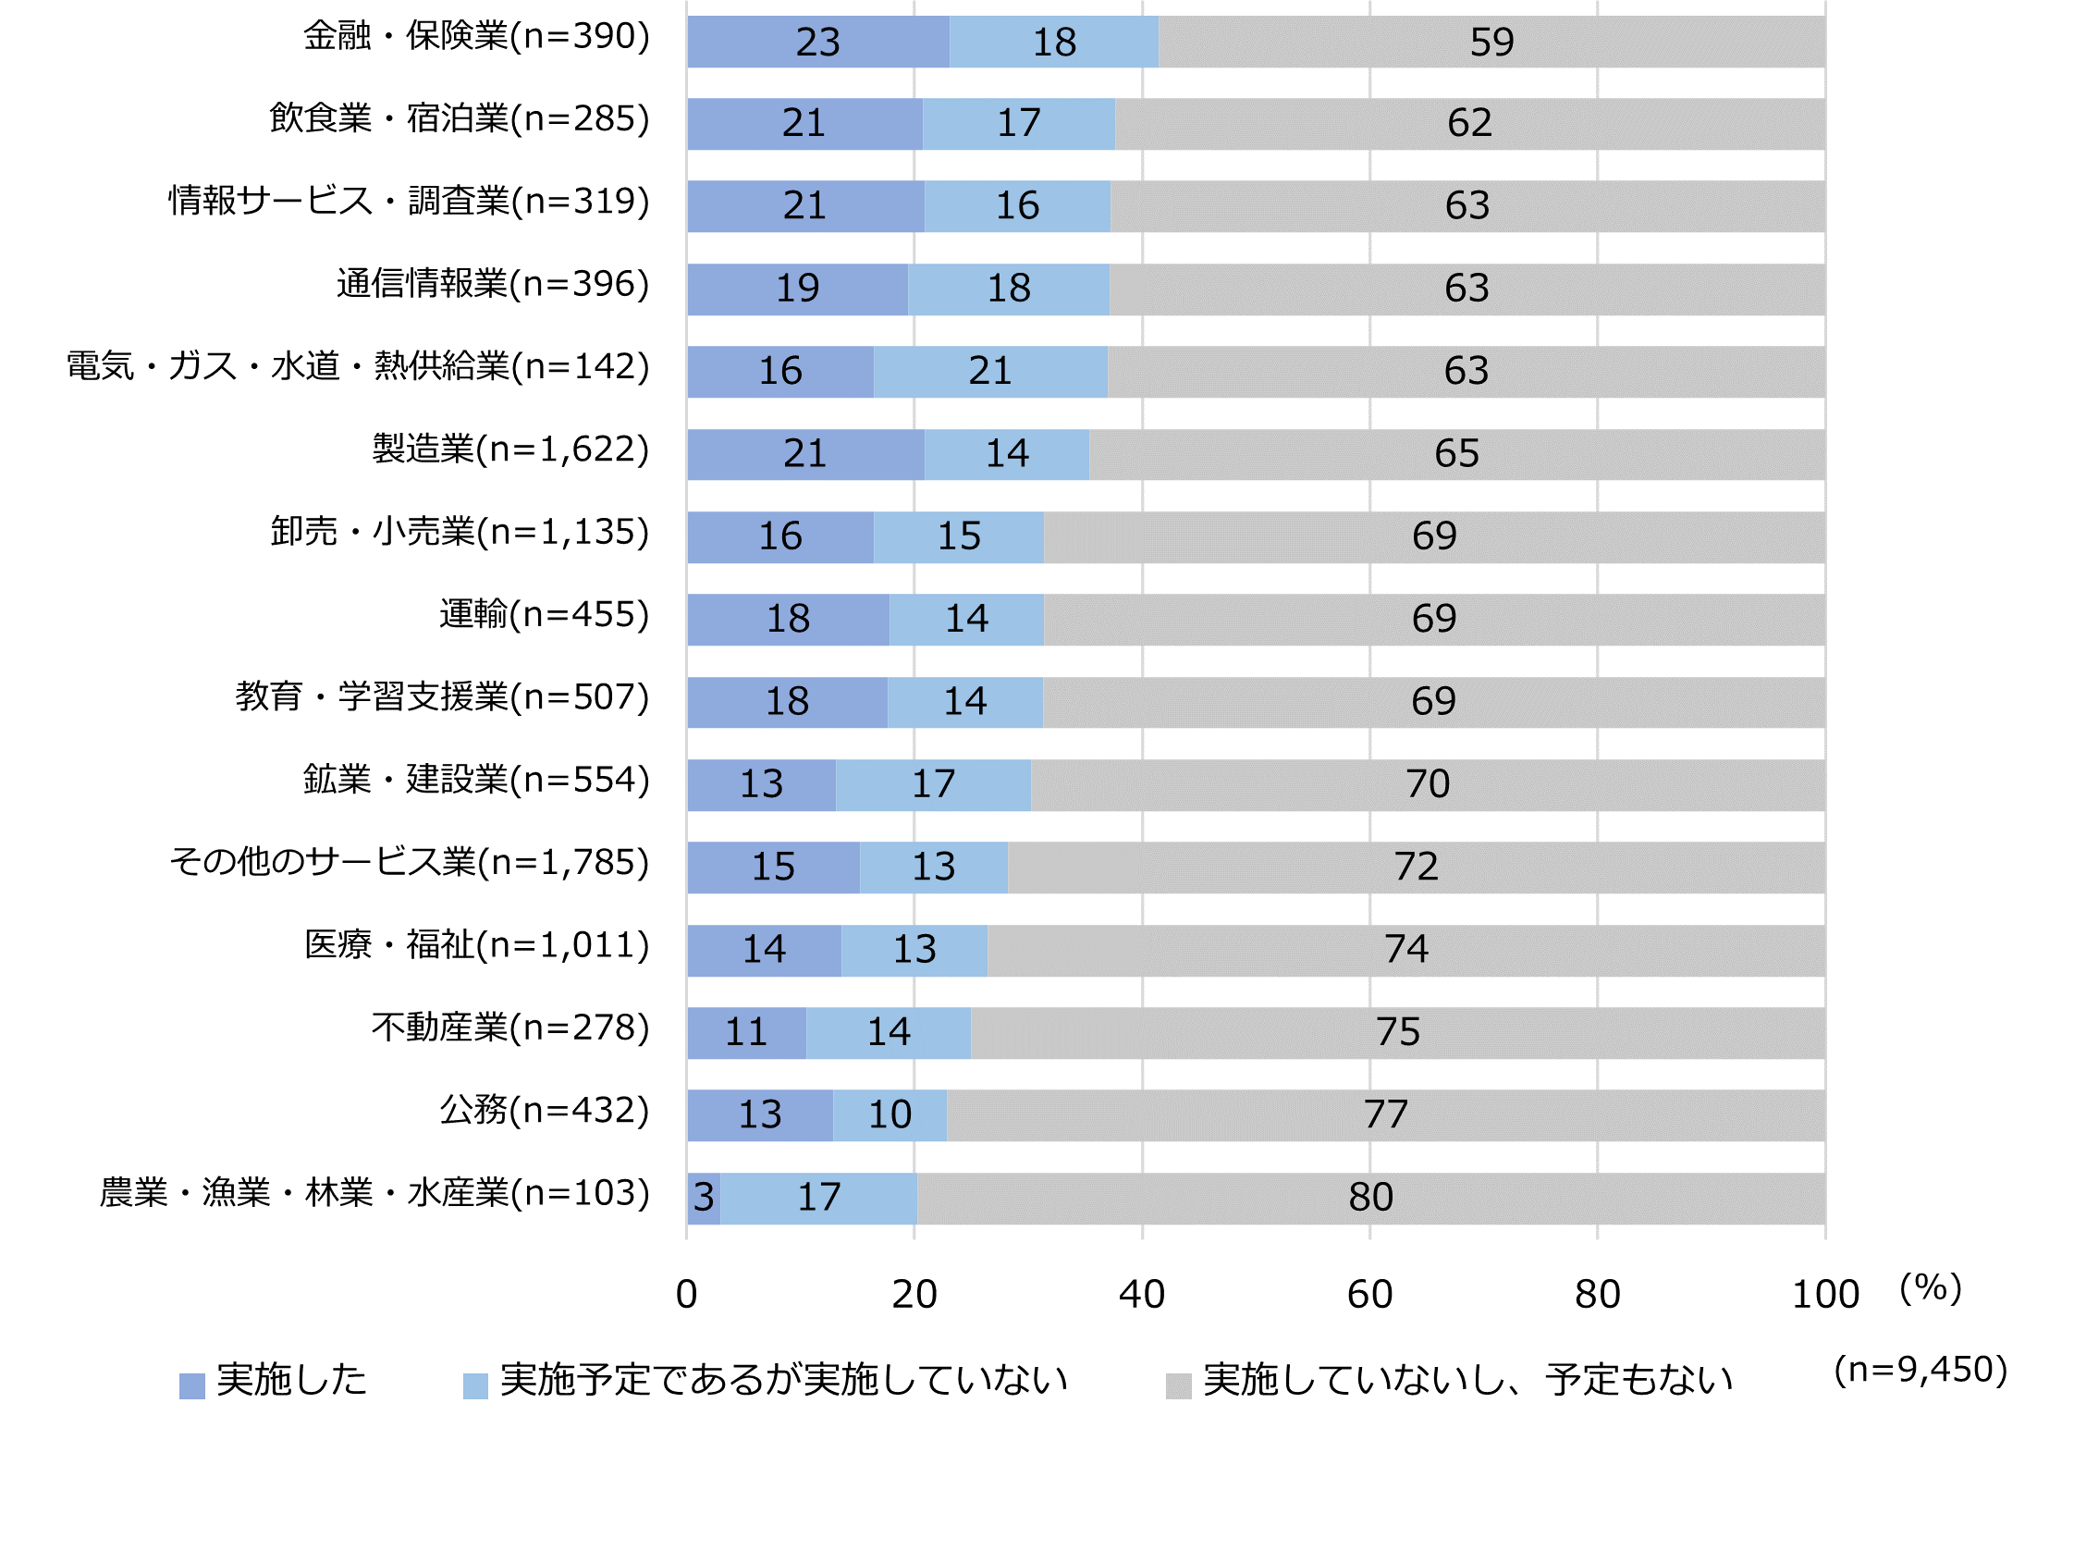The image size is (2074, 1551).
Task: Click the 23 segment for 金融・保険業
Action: coord(816,43)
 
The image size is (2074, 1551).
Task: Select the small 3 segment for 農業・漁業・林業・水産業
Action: coord(704,1198)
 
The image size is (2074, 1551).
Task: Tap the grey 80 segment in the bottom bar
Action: coord(1369,1198)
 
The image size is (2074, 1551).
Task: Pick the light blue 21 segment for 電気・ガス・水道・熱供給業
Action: coord(989,372)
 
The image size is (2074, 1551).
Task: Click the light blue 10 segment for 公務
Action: coord(889,1115)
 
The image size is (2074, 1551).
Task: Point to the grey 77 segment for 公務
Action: coord(1385,1115)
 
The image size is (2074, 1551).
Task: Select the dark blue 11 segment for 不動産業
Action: coord(745,1032)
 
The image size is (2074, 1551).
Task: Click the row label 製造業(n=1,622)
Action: coord(510,449)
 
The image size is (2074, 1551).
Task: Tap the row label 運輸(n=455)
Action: coord(544,614)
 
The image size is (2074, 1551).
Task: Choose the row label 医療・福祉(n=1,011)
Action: coord(476,944)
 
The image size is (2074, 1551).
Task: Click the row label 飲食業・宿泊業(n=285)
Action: coord(460,119)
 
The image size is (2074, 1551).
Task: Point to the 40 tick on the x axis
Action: coord(1141,1294)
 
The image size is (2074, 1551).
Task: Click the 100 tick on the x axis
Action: coord(1824,1294)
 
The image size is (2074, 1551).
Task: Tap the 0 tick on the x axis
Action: coord(686,1294)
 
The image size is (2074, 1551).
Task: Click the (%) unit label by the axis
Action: coord(1930,1287)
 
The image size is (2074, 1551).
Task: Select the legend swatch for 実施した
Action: coord(192,1386)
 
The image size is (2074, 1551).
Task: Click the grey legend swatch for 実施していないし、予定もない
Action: coord(1178,1386)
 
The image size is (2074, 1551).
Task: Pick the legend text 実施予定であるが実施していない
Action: coord(784,1379)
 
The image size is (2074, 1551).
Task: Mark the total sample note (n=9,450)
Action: coord(1921,1370)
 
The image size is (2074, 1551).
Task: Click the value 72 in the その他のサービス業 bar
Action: coord(1415,867)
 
